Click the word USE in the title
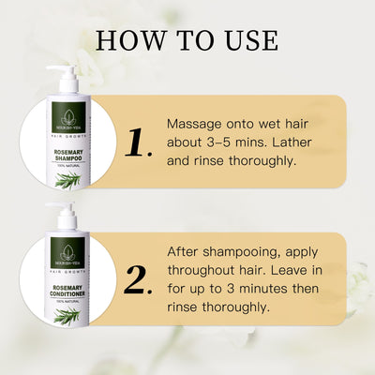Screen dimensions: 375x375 click(249, 41)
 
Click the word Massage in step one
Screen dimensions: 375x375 click(193, 124)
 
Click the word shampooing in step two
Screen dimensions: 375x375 click(233, 253)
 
